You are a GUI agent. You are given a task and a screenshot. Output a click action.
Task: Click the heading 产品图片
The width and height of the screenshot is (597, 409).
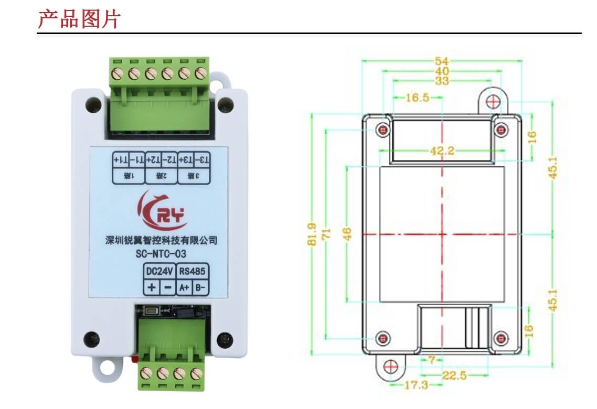click(79, 19)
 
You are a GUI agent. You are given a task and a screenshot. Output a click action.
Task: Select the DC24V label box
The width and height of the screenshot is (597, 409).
click(158, 271)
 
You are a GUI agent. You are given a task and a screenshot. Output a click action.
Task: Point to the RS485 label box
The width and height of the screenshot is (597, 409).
click(193, 271)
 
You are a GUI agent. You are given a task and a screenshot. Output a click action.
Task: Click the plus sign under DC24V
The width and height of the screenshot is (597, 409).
click(152, 287)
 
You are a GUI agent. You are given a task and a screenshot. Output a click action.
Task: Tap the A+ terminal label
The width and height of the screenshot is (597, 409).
click(184, 287)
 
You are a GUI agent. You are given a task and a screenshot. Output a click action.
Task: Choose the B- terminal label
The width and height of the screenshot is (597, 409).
click(200, 287)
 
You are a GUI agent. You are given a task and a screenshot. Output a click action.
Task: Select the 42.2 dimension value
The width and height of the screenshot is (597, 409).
click(442, 151)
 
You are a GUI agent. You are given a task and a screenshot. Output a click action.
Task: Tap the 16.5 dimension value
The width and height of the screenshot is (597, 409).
click(418, 98)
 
